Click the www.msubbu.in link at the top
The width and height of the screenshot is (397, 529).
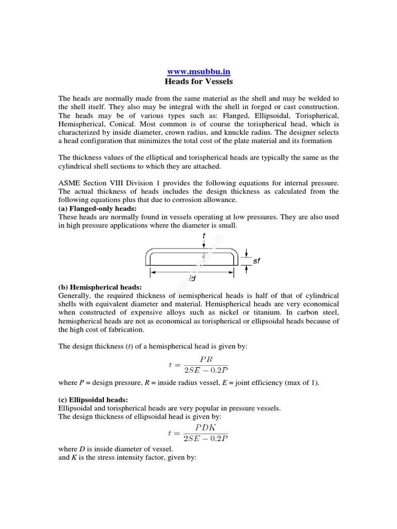pos(198,72)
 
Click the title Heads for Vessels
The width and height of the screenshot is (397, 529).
pos(198,82)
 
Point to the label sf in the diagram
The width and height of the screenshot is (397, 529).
pos(256,261)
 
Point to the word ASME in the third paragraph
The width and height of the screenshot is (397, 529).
pos(69,183)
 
